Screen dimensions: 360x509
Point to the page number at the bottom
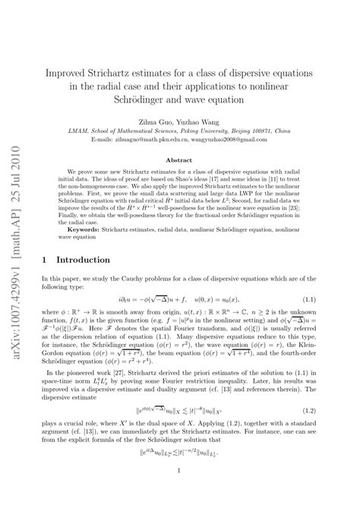coord(179,492)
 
